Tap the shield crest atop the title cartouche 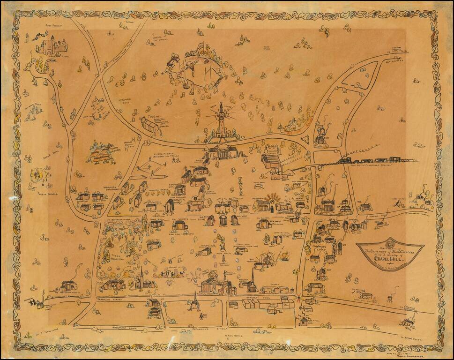[390, 245]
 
